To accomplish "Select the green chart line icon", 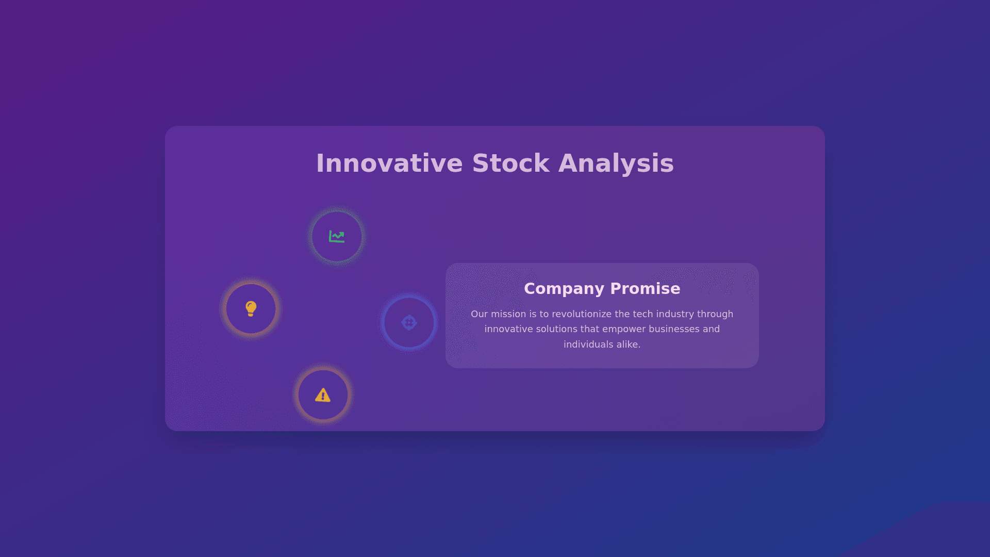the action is tap(337, 237).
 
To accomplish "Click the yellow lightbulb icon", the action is tap(251, 308).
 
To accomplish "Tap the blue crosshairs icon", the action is tap(409, 323).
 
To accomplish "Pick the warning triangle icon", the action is tap(323, 395).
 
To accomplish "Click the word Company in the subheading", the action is tap(564, 289).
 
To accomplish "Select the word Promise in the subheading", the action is tap(645, 289).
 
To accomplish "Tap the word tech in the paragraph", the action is tap(643, 314).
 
